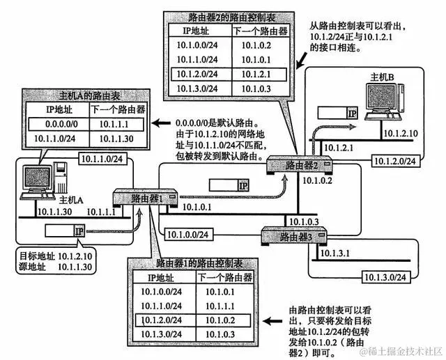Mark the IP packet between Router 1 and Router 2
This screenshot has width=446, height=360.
pyautogui.click(x=230, y=185)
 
